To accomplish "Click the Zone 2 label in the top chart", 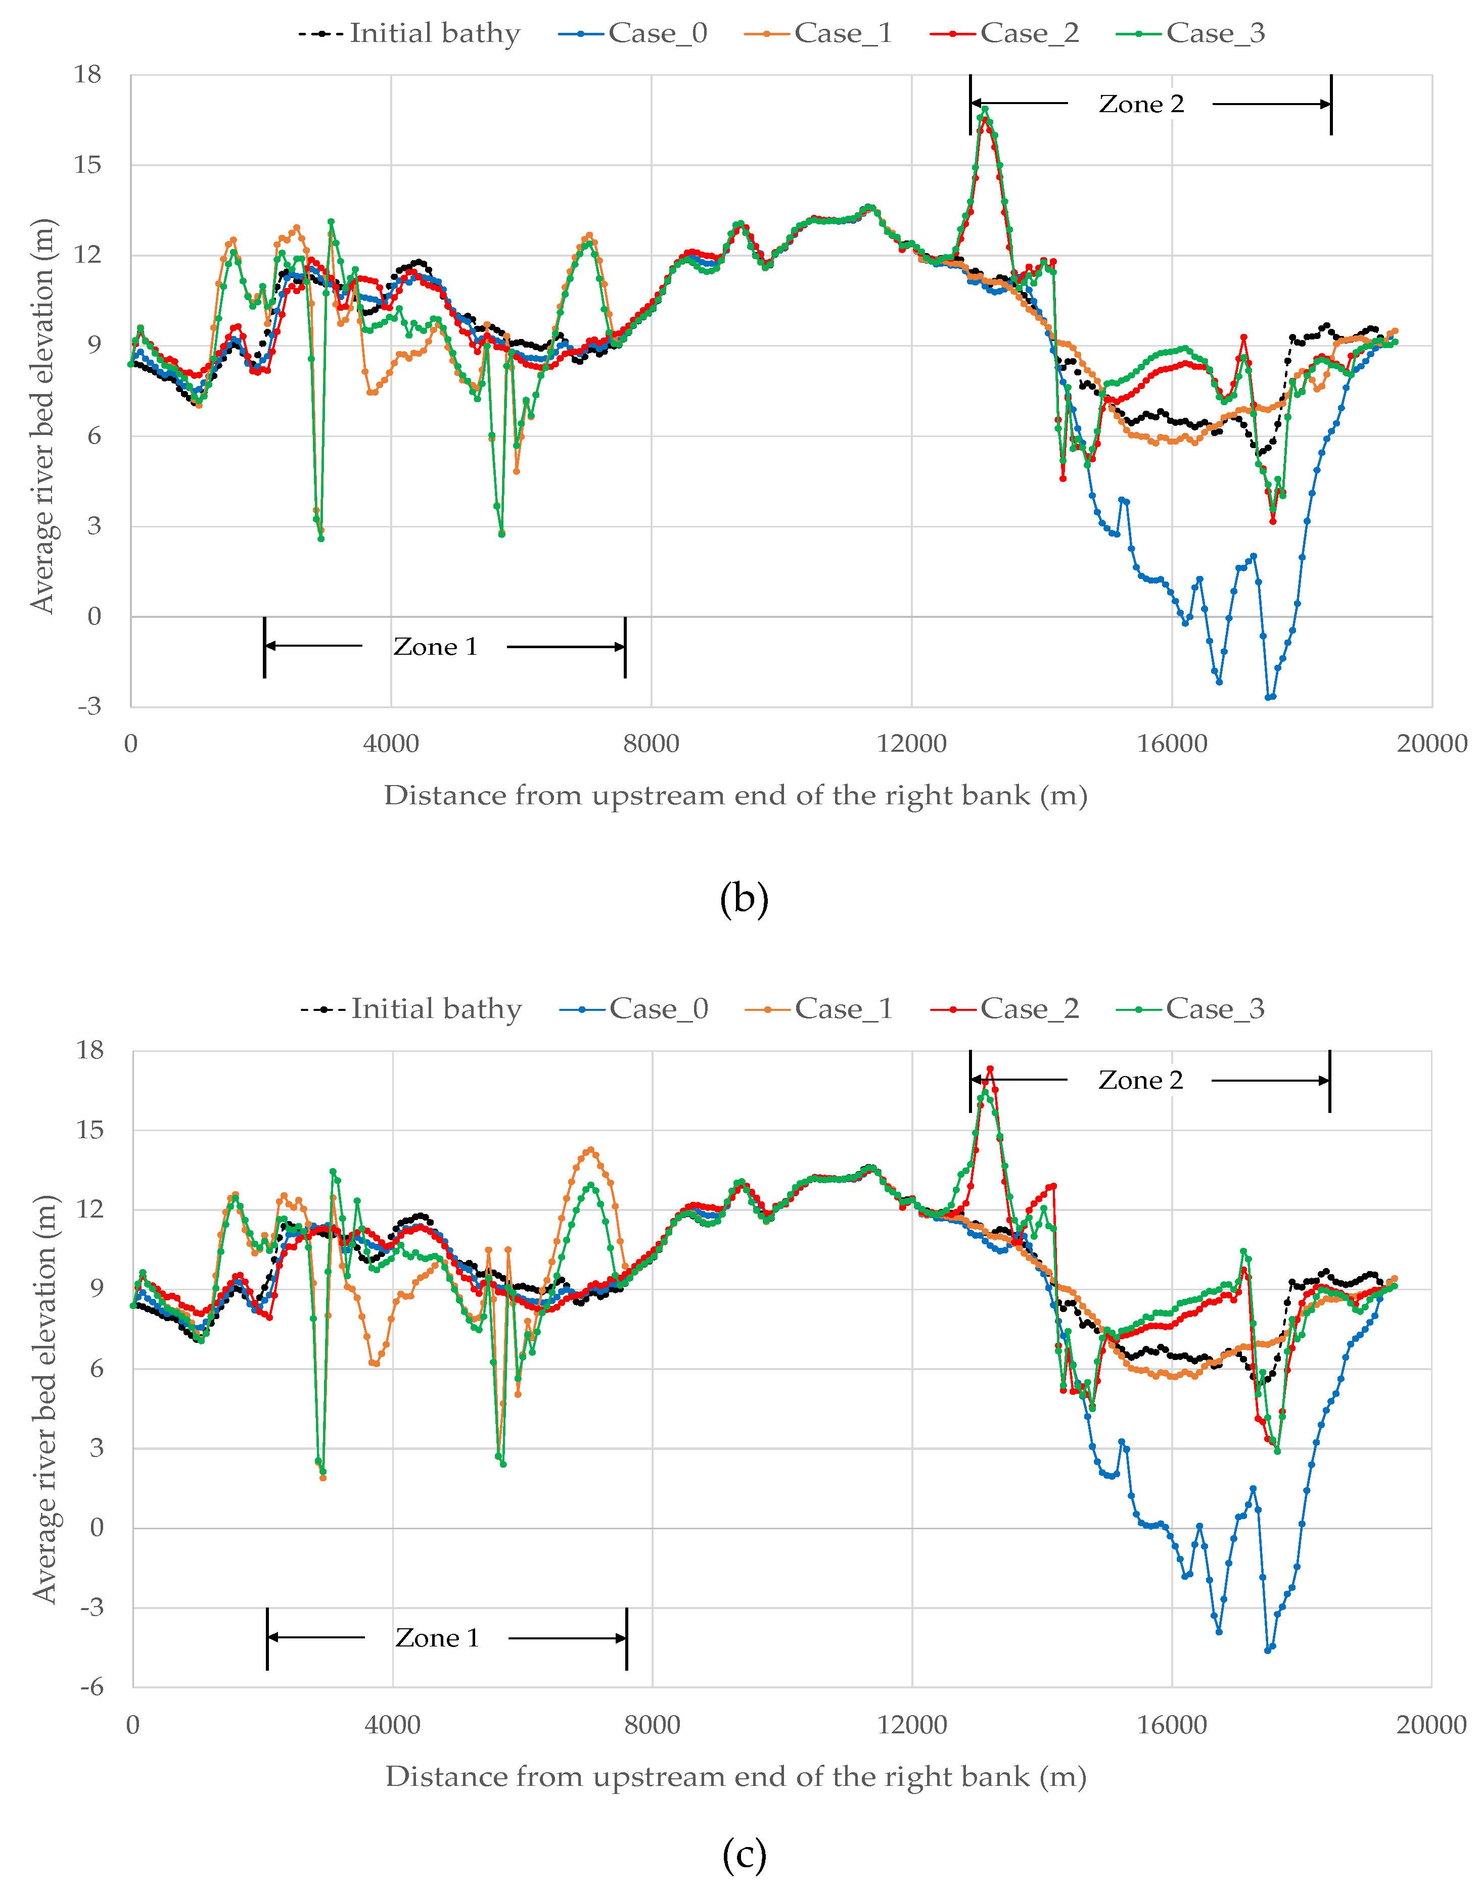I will (x=1141, y=104).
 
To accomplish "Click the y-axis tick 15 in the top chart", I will (x=87, y=165).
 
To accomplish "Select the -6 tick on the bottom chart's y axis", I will (x=91, y=1687).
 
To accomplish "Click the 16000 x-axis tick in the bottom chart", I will (x=1172, y=1725).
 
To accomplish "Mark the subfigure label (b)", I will (x=744, y=898).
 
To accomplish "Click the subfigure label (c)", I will (x=744, y=1855).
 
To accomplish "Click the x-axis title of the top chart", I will (x=735, y=795).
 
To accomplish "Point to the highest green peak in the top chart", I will (x=985, y=109).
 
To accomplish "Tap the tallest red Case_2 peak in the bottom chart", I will (x=990, y=1070).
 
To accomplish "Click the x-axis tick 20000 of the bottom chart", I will (x=1431, y=1725).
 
